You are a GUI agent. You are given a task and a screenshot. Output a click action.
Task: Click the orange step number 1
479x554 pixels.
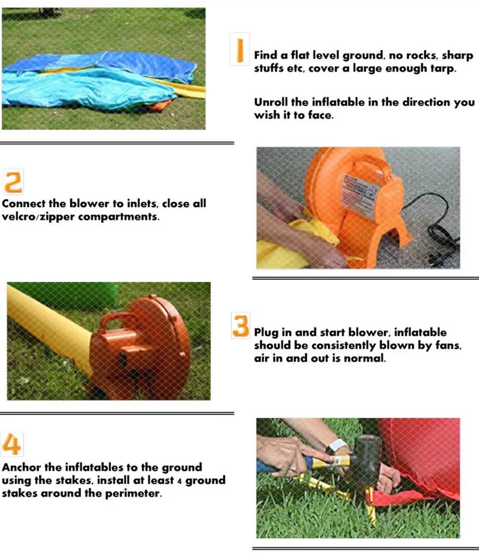tap(240, 50)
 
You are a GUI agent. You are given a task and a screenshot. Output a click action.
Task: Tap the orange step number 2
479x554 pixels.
tap(13, 182)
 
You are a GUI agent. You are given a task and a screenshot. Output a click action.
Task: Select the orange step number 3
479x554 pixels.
tap(240, 326)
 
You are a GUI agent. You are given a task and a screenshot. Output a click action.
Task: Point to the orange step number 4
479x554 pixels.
tap(11, 444)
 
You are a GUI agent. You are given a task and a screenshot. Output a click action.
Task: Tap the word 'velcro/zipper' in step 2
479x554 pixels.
tap(38, 217)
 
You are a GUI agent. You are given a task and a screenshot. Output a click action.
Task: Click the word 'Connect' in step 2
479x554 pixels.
tap(23, 204)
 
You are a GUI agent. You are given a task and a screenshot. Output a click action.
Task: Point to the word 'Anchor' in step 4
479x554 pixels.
tap(21, 467)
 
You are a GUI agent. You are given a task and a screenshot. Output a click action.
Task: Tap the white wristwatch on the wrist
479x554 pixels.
tap(337, 446)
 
